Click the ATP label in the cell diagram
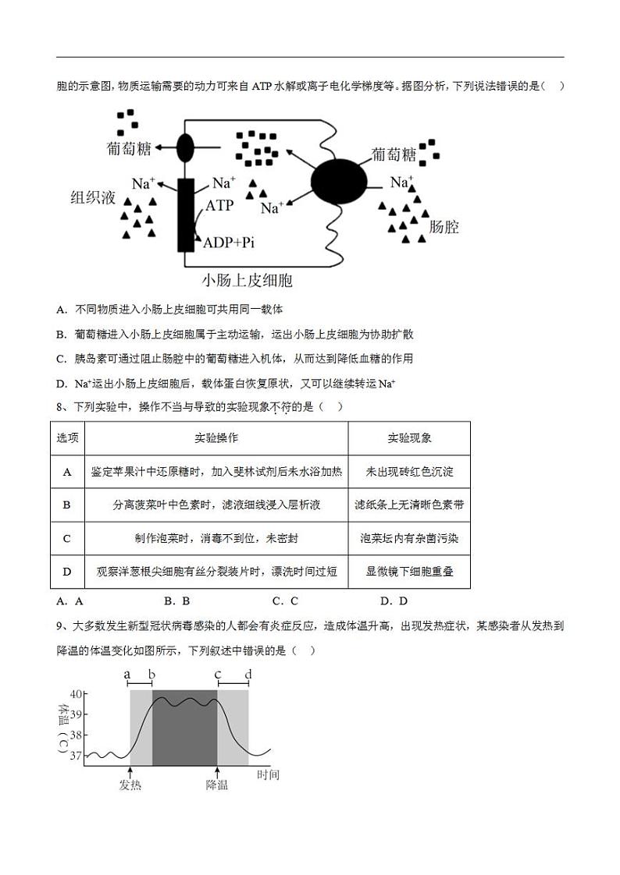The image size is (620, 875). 219,206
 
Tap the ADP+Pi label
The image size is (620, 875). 229,243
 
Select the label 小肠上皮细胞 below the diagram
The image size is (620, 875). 247,279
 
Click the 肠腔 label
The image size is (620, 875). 444,227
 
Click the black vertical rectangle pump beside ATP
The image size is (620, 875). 186,214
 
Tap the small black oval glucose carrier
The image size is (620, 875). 185,147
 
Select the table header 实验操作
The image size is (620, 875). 216,438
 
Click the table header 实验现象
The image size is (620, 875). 409,438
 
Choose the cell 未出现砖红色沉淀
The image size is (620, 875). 409,472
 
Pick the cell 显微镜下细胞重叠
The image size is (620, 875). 409,572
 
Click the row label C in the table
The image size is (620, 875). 67,538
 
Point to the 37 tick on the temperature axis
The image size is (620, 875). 76,756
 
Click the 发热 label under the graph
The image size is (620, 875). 130,785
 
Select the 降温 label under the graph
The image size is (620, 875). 217,785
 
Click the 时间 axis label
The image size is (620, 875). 268,774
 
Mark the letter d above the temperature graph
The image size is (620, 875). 248,675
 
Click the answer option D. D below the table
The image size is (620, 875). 394,600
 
